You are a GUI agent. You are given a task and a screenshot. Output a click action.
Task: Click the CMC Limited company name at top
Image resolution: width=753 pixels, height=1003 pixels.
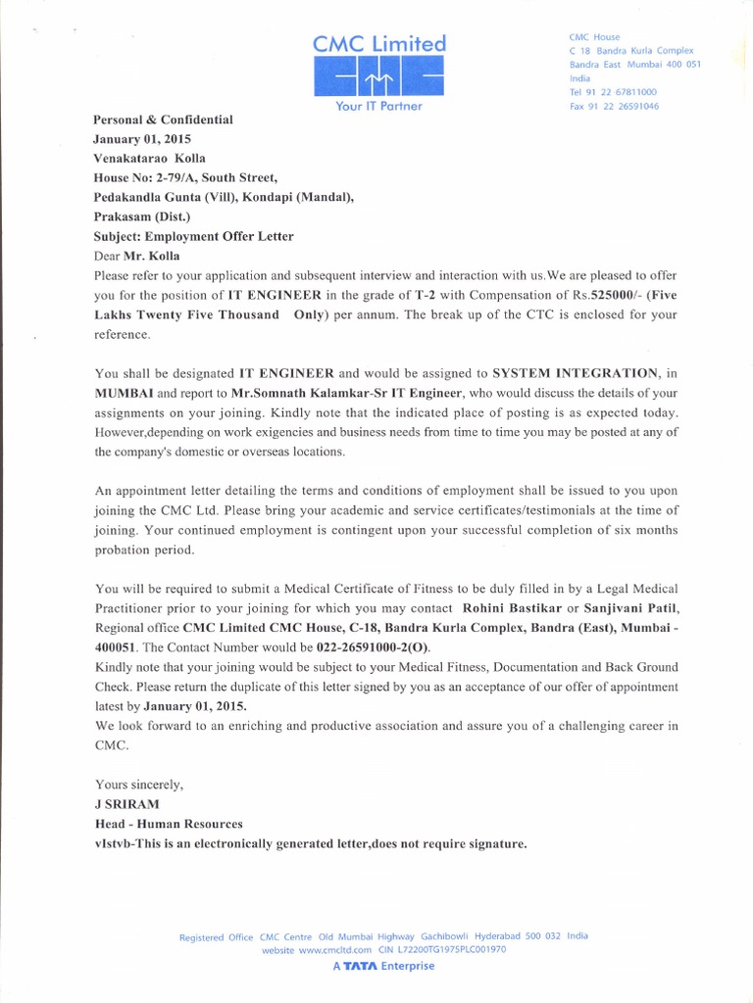click(x=379, y=43)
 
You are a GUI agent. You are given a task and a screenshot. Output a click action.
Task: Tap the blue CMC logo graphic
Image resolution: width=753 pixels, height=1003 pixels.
click(x=378, y=77)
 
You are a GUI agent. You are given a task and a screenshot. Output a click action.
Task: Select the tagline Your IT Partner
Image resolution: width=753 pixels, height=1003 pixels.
click(x=378, y=106)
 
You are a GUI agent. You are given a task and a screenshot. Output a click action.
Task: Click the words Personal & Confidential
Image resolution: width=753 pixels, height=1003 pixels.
click(x=163, y=119)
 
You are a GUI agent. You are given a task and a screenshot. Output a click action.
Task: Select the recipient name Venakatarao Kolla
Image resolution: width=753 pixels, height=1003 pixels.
click(x=150, y=158)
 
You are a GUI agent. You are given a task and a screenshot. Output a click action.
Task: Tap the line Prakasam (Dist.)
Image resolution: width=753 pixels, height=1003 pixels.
click(x=142, y=216)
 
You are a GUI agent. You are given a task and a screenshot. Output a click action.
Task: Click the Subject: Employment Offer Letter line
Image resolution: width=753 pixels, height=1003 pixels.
click(x=192, y=236)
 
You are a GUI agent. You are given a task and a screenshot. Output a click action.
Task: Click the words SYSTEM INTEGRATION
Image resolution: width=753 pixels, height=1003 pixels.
click(x=576, y=373)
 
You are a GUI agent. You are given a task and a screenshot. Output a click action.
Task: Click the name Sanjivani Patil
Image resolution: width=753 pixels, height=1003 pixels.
click(x=623, y=608)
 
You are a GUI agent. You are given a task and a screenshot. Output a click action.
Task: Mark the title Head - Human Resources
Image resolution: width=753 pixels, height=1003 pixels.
click(x=168, y=823)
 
